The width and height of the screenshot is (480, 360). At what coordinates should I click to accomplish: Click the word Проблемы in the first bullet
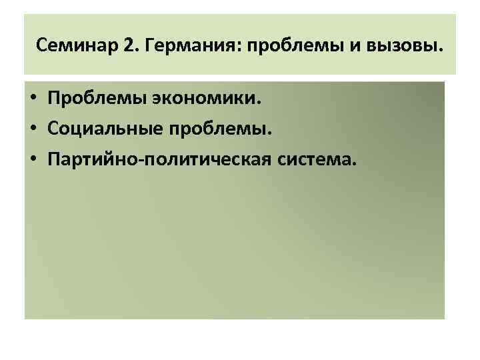tap(89, 101)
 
